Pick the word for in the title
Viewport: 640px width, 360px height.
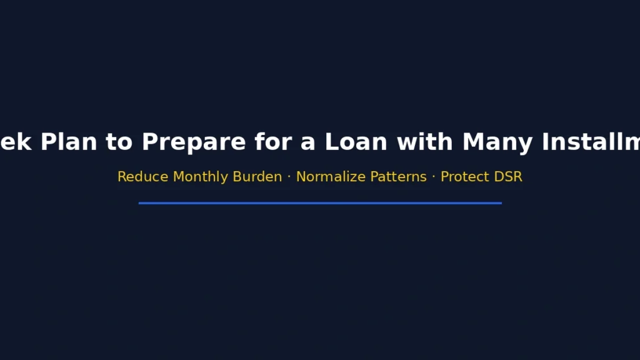272,142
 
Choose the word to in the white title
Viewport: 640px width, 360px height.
119,142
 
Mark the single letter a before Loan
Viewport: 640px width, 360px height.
307,142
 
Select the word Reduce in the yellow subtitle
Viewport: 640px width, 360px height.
143,177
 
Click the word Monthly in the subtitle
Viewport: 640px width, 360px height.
201,177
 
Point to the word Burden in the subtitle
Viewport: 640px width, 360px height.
257,177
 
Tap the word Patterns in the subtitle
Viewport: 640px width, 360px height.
394,177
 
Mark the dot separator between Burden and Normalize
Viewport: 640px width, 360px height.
289,177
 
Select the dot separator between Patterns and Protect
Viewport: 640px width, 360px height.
433,177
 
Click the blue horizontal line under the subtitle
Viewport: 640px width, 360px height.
320,203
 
